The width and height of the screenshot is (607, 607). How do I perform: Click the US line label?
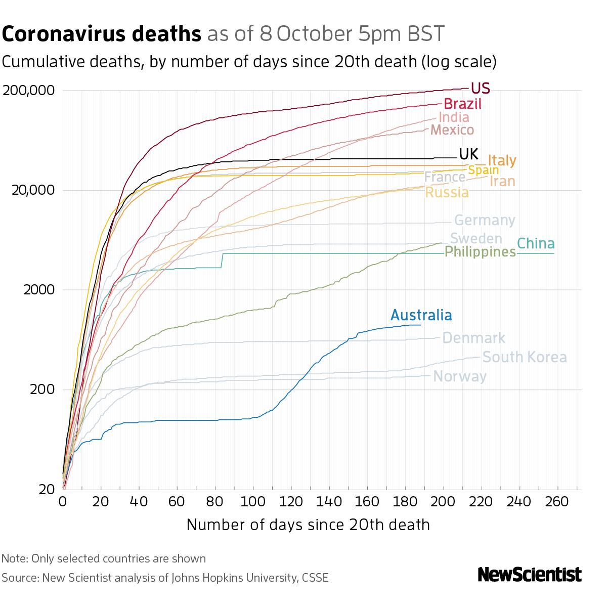click(x=480, y=89)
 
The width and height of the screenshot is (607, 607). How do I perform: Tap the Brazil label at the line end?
click(x=462, y=104)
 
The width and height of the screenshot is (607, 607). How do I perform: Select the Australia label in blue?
click(x=421, y=316)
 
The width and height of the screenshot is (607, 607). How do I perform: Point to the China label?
click(x=536, y=244)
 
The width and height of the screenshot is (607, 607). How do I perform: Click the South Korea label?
click(x=525, y=358)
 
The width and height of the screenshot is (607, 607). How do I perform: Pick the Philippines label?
click(x=480, y=252)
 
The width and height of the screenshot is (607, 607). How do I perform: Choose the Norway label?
click(x=460, y=377)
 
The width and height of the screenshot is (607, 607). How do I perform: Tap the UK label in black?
click(x=468, y=154)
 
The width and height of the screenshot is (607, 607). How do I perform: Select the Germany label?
click(x=485, y=221)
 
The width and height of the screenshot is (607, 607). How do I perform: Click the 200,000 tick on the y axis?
click(x=28, y=91)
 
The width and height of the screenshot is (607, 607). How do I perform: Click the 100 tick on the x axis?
click(x=253, y=502)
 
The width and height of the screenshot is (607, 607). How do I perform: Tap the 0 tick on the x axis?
click(x=63, y=502)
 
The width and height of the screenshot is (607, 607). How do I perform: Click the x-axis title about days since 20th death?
click(x=308, y=525)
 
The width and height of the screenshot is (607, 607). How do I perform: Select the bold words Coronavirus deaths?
click(x=102, y=34)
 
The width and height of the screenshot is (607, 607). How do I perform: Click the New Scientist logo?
click(x=530, y=575)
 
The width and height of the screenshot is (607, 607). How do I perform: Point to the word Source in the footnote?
click(x=19, y=578)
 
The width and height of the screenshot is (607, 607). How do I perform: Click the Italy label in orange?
click(x=502, y=161)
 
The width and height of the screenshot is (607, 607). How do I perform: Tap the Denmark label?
click(x=473, y=338)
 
